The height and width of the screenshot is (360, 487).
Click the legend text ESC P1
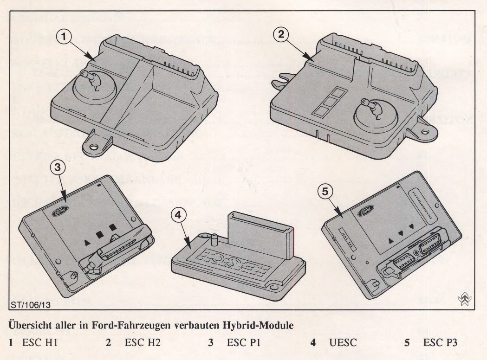[x=242, y=344]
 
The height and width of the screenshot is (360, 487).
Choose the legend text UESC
[x=344, y=344]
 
